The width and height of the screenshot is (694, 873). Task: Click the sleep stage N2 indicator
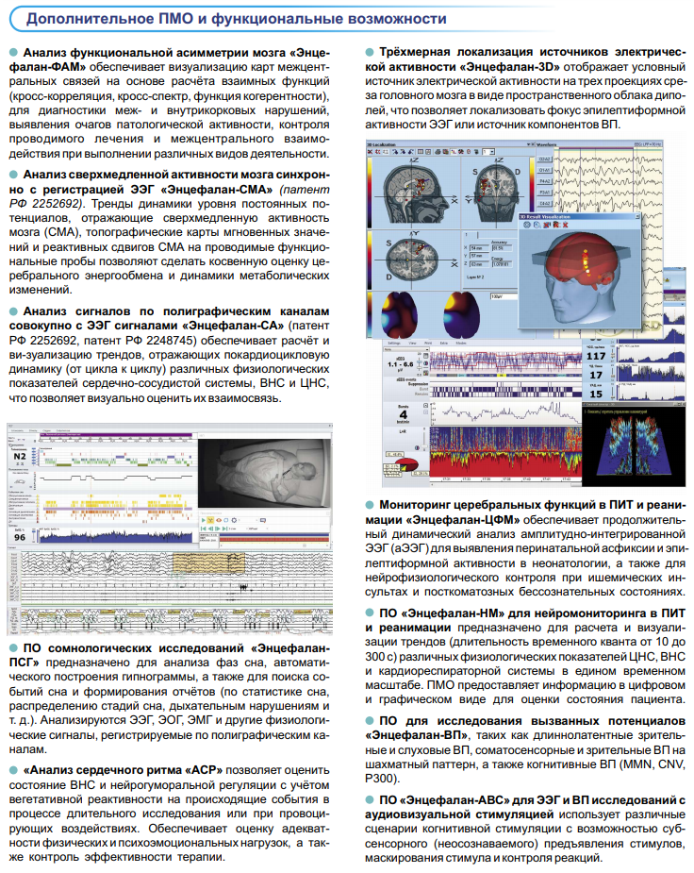point(20,455)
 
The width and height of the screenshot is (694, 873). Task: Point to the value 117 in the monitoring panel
point(595,356)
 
